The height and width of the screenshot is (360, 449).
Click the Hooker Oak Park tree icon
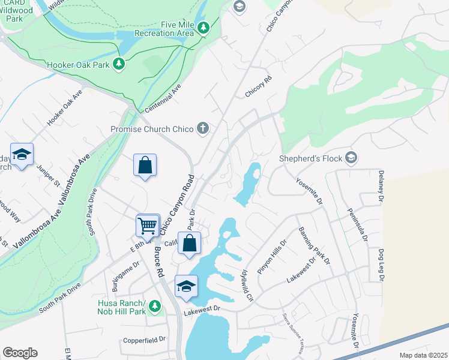click(x=119, y=64)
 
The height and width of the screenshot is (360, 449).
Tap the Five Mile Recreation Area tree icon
click(x=203, y=28)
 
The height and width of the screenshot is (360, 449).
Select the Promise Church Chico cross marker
click(x=203, y=128)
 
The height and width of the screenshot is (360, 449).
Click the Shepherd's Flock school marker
click(x=352, y=158)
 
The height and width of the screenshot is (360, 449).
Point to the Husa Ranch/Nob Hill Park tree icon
click(x=155, y=307)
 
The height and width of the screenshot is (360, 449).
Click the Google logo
click(x=20, y=353)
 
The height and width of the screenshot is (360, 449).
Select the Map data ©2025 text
click(x=423, y=355)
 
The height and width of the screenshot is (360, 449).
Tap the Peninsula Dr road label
click(x=357, y=223)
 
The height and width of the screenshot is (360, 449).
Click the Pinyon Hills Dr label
click(x=273, y=257)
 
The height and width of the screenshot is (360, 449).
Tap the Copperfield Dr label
click(x=144, y=340)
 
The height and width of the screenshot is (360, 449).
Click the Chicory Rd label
click(x=259, y=88)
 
